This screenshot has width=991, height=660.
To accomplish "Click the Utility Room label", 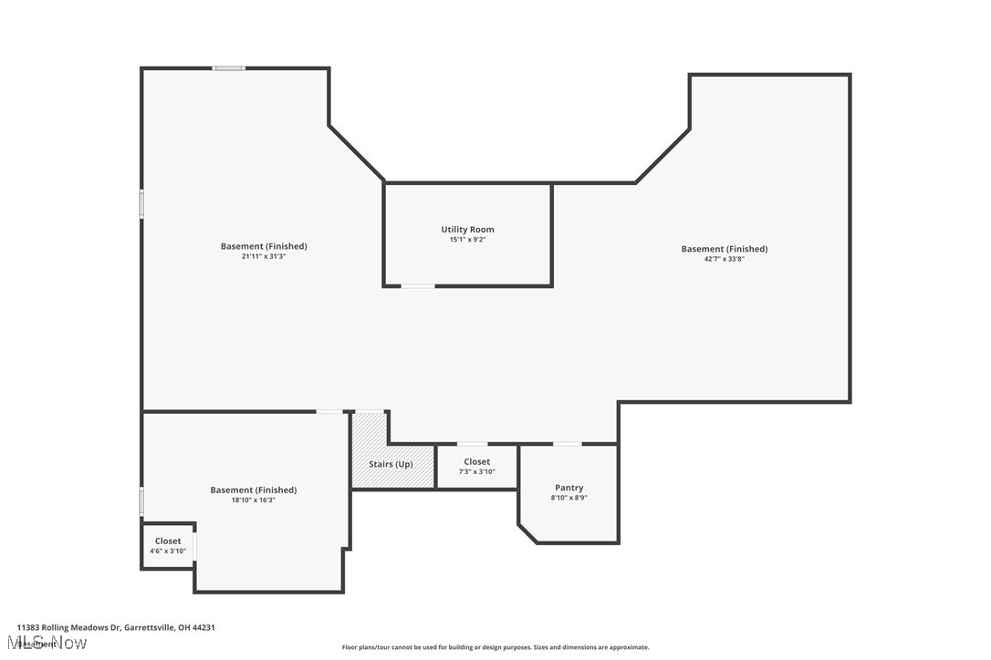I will [467, 230].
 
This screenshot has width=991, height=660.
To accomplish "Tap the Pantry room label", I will [569, 488].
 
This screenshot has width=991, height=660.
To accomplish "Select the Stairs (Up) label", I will [391, 464].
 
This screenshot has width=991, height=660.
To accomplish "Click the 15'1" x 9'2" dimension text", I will [467, 241].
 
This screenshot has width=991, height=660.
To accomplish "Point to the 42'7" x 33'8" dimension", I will [724, 259].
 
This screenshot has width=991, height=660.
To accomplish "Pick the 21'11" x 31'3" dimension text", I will [264, 256].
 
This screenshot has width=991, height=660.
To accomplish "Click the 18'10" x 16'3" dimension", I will [253, 500].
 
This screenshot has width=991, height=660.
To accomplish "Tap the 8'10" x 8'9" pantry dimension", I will [569, 498].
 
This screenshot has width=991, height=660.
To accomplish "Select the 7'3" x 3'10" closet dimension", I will [476, 471].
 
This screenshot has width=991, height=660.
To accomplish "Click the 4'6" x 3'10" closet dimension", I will [168, 551].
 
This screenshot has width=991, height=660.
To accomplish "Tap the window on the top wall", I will [228, 67].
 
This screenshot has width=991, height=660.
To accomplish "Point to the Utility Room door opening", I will [418, 286].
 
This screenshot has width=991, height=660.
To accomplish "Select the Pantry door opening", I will [567, 444].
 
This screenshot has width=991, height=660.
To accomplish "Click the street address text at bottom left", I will [115, 627].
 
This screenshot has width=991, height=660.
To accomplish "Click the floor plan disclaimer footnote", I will [495, 647].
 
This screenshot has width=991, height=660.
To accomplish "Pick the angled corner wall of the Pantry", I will [527, 533].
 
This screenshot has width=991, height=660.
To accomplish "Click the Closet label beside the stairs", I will [476, 461].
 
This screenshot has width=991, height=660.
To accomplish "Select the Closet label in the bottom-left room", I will [168, 541].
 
